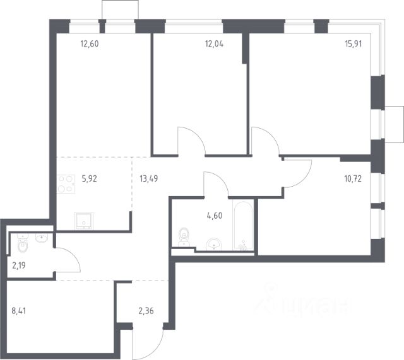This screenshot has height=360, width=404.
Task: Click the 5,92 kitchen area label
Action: [x=89, y=178]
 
